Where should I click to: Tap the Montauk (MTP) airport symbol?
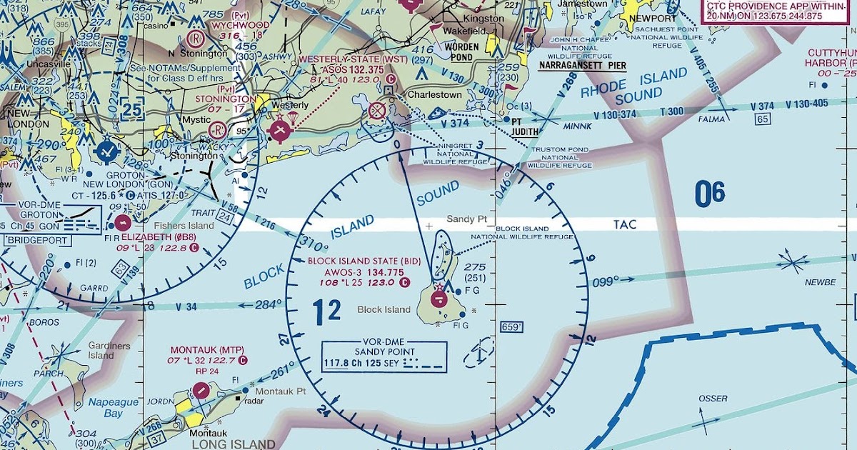203,390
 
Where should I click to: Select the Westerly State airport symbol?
280,129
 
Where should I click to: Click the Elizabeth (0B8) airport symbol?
123,223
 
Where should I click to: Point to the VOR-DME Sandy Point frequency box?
384,356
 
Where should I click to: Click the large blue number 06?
710,194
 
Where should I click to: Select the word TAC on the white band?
625,224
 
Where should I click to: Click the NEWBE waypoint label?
819,282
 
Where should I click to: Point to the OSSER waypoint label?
713,398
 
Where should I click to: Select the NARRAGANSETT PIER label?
582,65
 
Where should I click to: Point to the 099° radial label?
607,282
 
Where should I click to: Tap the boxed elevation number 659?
512,327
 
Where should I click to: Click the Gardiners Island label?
101,350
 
